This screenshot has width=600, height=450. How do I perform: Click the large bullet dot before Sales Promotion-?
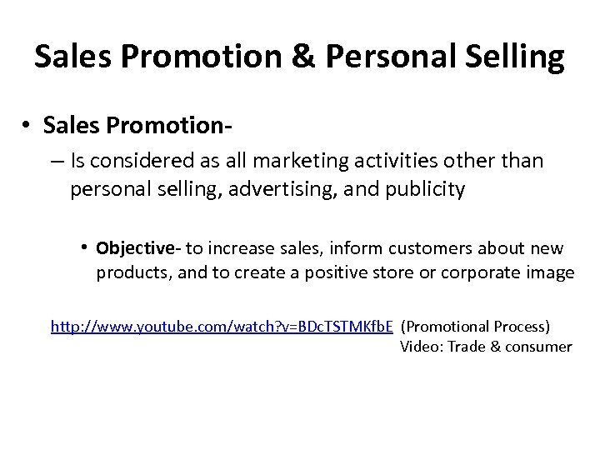pos(28,124)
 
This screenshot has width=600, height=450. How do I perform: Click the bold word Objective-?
pos(139,248)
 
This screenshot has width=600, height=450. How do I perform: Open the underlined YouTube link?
pos(222,326)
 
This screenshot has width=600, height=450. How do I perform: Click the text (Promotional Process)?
pos(475,326)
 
